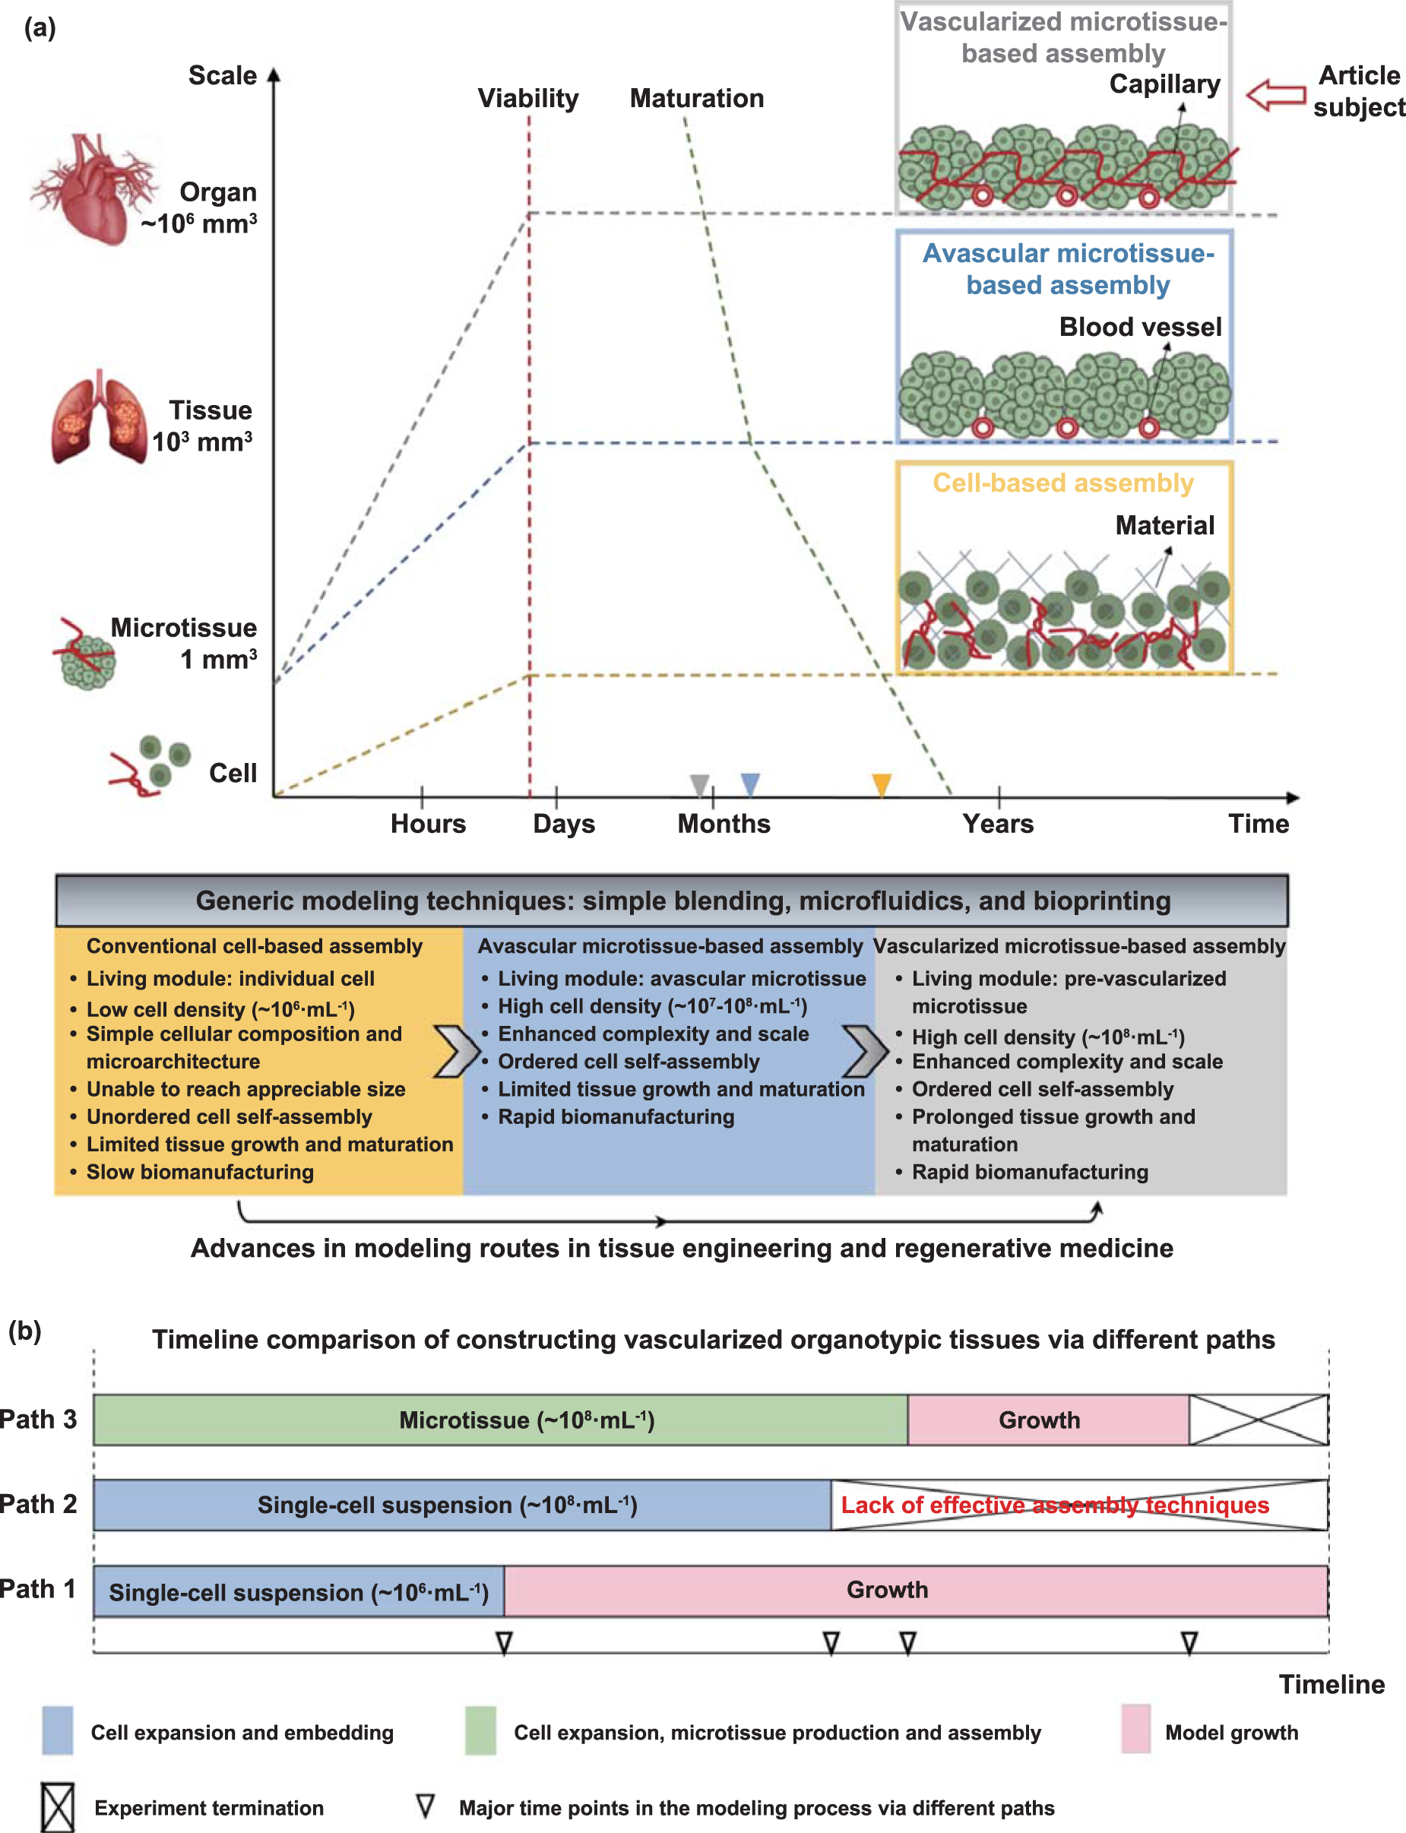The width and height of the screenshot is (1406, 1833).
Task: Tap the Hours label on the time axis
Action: (428, 824)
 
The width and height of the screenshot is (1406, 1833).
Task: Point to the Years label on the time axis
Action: (998, 824)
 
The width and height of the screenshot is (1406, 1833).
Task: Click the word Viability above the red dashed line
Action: (528, 99)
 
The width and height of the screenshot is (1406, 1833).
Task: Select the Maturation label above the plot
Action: (696, 99)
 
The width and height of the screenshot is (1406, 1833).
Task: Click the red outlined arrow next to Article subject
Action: (1275, 94)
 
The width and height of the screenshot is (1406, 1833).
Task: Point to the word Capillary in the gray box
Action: (1164, 84)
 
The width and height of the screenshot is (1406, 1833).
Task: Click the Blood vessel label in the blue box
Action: (1140, 327)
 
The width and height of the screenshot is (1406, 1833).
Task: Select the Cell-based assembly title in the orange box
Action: (1063, 483)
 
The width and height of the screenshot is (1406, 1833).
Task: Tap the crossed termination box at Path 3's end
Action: (1258, 1420)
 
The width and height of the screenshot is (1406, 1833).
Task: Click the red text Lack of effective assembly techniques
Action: (1055, 1505)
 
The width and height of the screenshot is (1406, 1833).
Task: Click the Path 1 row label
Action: (39, 1589)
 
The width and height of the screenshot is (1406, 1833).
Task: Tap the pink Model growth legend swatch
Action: (1135, 1729)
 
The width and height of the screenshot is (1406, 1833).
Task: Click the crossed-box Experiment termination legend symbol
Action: (58, 1808)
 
